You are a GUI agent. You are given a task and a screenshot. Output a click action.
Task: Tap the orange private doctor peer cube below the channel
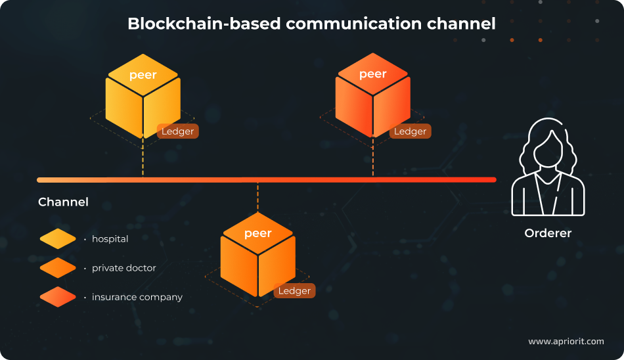tap(257, 259)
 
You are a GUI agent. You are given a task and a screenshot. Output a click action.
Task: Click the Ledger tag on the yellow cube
tap(177, 131)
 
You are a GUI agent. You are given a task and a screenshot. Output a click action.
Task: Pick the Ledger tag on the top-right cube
tap(410, 131)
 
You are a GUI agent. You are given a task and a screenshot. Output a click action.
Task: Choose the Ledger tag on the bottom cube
tap(294, 291)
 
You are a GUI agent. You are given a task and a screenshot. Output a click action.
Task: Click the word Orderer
tap(548, 233)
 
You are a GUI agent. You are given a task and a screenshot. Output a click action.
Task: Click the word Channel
tap(63, 202)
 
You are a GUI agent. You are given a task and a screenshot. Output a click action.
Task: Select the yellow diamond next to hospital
tap(58, 239)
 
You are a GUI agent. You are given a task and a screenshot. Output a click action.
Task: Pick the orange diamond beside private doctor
tap(58, 268)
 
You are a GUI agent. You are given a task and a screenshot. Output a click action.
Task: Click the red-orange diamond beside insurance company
tap(58, 297)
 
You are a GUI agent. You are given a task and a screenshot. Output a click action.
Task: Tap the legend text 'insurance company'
tap(137, 297)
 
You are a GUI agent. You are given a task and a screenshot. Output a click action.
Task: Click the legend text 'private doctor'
tap(124, 268)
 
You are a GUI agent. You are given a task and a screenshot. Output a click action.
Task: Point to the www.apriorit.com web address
tap(566, 342)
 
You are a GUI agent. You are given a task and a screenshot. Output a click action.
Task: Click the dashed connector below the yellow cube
tap(143, 158)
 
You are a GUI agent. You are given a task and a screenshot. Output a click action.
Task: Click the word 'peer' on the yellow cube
tap(143, 75)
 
